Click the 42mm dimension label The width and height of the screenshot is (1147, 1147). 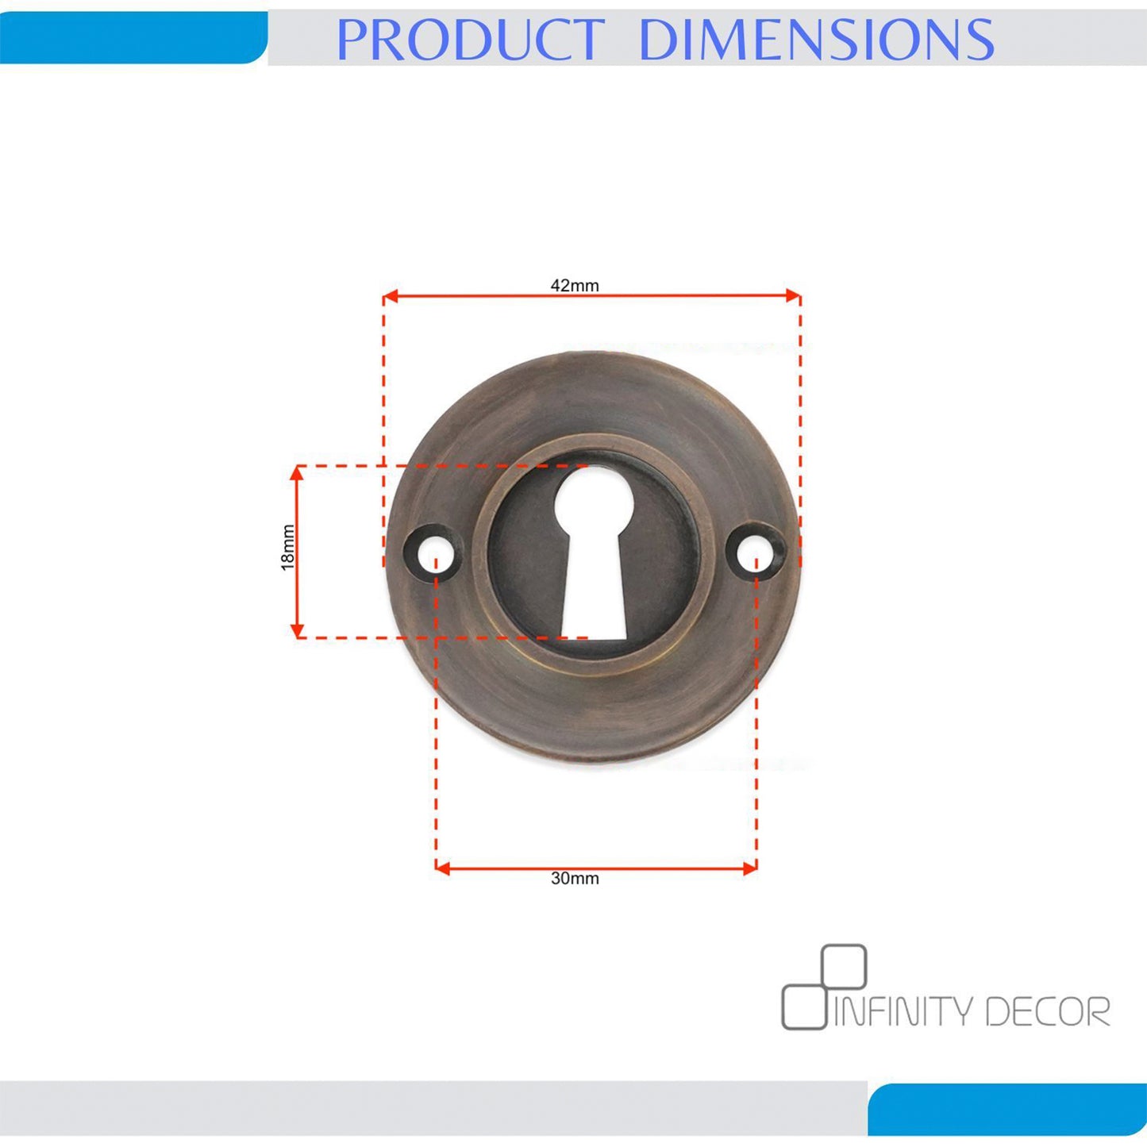point(575,286)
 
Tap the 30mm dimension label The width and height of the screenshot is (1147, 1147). point(575,879)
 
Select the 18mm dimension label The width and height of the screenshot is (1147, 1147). point(288,548)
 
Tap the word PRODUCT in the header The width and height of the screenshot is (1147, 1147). point(470,39)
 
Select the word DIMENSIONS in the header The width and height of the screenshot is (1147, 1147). point(816,39)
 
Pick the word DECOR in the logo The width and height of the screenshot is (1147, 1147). point(1049,1010)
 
